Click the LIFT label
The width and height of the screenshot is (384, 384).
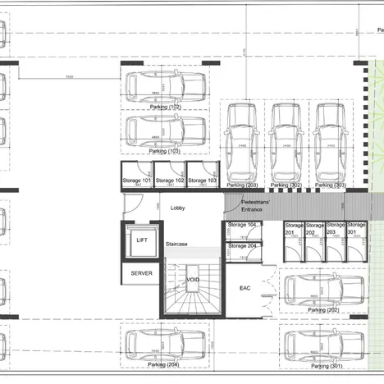coord(141,240)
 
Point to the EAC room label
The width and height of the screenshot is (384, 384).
coord(244,288)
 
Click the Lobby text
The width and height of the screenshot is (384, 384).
coord(178,208)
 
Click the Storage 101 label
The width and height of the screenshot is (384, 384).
coord(137,180)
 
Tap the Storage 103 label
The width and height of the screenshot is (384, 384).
coord(202,180)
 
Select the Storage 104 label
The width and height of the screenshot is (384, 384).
coord(242,224)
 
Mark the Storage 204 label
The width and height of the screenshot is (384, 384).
coord(242,245)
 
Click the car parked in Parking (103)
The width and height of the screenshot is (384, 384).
coord(165,130)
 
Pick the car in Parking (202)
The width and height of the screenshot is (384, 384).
coord(322,289)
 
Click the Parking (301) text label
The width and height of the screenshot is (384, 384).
coord(326,365)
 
